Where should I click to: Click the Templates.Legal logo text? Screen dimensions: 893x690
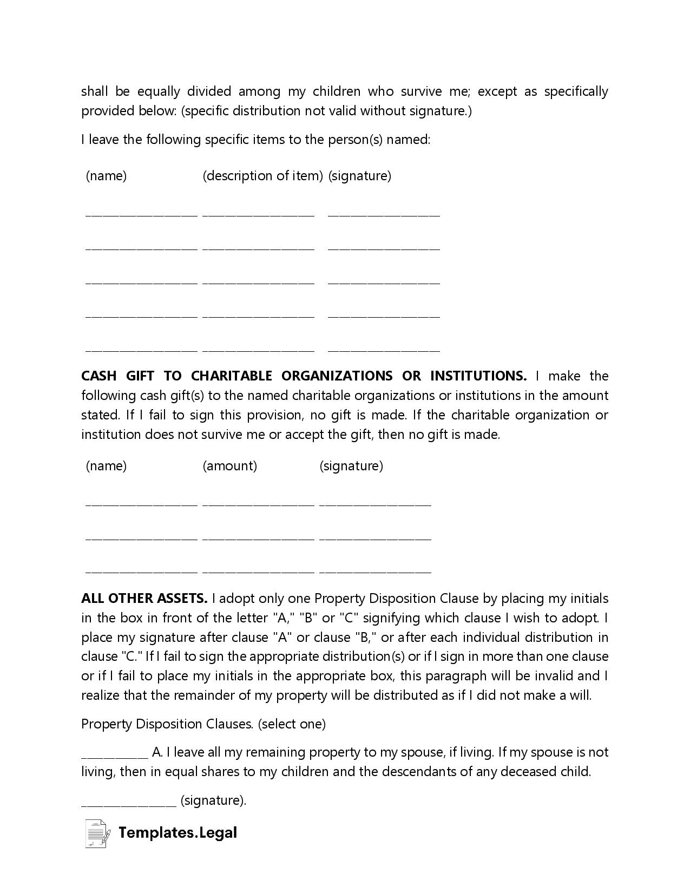pyautogui.click(x=178, y=832)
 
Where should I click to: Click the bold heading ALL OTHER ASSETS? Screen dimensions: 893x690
pyautogui.click(x=144, y=598)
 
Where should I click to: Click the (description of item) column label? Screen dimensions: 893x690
pyautogui.click(x=262, y=175)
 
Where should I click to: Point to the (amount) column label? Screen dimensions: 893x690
pyautogui.click(x=229, y=465)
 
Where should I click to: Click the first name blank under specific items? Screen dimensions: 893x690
pyautogui.click(x=141, y=214)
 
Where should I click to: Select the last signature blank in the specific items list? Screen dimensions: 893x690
pyautogui.click(x=384, y=350)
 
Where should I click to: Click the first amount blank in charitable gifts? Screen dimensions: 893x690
pyautogui.click(x=258, y=504)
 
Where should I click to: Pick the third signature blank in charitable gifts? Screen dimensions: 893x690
pyautogui.click(x=375, y=570)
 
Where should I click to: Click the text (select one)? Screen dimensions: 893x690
pyautogui.click(x=292, y=724)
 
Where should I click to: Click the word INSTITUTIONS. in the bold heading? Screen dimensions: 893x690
pyautogui.click(x=478, y=376)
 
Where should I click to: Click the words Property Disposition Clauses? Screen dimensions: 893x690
pyautogui.click(x=167, y=724)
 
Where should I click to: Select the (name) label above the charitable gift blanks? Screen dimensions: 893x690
pyautogui.click(x=106, y=465)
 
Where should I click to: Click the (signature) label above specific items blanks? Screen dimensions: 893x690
pyautogui.click(x=359, y=175)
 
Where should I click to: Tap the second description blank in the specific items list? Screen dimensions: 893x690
pyautogui.click(x=258, y=248)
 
